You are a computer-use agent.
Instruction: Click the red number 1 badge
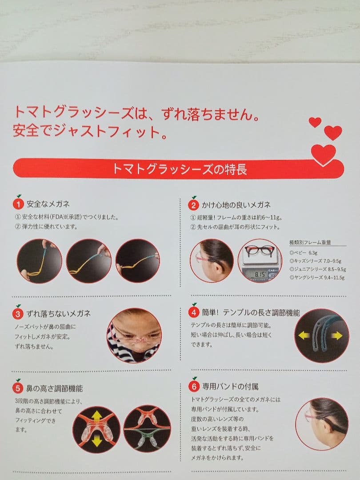click(18, 204)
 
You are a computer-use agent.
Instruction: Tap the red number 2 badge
click(193, 205)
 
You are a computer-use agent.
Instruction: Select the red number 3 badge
click(18, 314)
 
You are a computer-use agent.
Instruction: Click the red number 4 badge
click(194, 312)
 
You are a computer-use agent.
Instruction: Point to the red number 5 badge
click(18, 388)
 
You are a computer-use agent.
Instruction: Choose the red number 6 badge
click(194, 386)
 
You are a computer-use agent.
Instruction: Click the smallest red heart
click(315, 122)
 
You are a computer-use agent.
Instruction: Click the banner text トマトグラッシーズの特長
click(180, 169)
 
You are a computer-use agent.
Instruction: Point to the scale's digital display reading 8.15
click(260, 274)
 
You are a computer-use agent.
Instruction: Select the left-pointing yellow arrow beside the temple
click(304, 336)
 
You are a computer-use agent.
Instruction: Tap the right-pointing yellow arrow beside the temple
click(336, 336)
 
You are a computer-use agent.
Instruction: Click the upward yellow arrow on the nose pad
click(97, 416)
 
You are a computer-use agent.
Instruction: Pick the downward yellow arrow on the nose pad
click(97, 441)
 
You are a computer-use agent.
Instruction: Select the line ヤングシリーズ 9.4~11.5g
click(317, 278)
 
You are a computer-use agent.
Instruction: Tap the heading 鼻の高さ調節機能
click(55, 389)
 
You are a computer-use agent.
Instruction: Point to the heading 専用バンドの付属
click(230, 387)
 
